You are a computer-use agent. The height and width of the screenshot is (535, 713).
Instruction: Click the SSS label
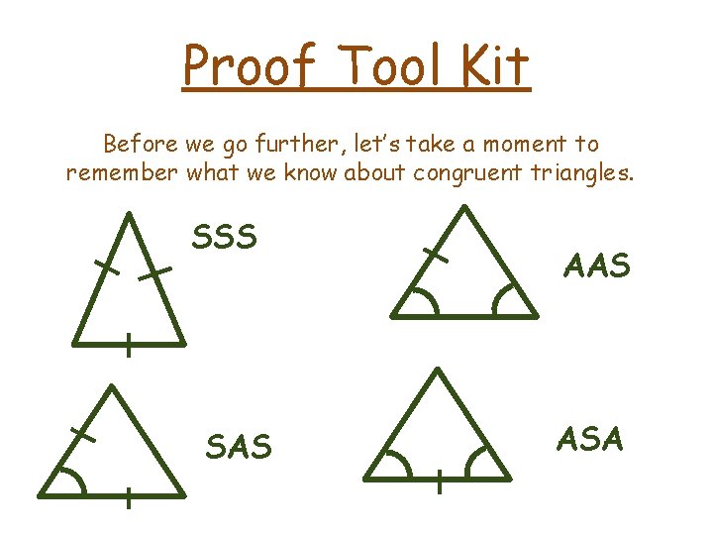tap(224, 238)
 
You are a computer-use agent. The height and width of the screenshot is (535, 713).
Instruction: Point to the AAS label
tap(596, 265)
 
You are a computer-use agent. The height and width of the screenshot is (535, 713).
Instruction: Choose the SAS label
tap(238, 447)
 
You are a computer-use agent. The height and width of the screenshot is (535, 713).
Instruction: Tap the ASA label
tap(590, 437)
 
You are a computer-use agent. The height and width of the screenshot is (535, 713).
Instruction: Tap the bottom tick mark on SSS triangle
tap(128, 345)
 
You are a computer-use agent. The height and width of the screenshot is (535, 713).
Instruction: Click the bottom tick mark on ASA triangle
tap(438, 483)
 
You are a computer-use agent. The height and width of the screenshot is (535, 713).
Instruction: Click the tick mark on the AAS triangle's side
tap(435, 256)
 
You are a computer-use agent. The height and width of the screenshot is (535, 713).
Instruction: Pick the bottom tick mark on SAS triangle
tap(128, 498)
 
